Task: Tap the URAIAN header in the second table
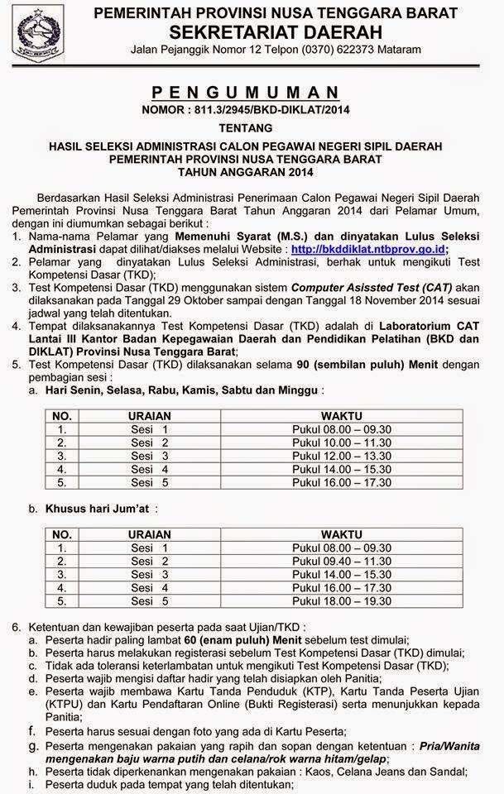click(x=150, y=534)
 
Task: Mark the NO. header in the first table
click(x=62, y=415)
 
